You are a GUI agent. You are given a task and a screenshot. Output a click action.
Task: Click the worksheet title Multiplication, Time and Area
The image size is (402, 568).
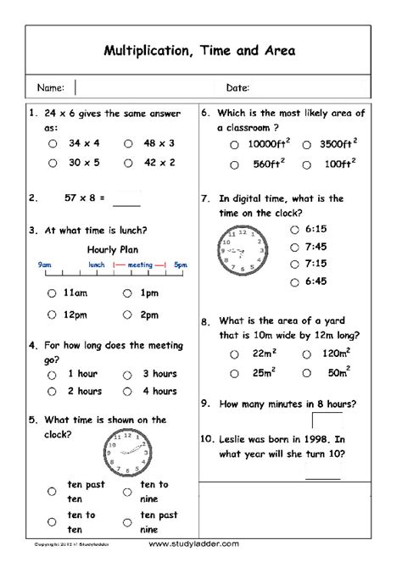pos(200,51)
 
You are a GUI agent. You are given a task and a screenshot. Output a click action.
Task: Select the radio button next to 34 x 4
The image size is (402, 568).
pos(53,143)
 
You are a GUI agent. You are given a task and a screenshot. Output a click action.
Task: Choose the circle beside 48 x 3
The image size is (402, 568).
pos(128,143)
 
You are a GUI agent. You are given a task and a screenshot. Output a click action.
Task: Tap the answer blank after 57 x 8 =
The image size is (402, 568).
pos(126,200)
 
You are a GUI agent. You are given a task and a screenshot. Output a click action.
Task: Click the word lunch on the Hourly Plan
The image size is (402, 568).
pos(97,265)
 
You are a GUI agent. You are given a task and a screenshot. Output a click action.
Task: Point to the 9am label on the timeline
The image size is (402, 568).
pos(45,265)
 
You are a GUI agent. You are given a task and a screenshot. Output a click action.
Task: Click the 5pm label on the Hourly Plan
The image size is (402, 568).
pos(180,265)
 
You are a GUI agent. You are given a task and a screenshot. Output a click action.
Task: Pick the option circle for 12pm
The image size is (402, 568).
pos(53,315)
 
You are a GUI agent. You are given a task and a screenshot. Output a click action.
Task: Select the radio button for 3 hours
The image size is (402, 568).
pos(128,373)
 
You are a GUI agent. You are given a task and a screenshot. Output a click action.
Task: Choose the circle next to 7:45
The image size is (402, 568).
pos(293,247)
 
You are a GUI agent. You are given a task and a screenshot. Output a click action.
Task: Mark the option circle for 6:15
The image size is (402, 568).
pos(293,229)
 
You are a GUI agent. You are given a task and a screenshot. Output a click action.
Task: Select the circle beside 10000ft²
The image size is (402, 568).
pos(234,145)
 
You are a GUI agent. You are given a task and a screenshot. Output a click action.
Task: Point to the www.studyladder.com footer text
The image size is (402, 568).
pos(197,543)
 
